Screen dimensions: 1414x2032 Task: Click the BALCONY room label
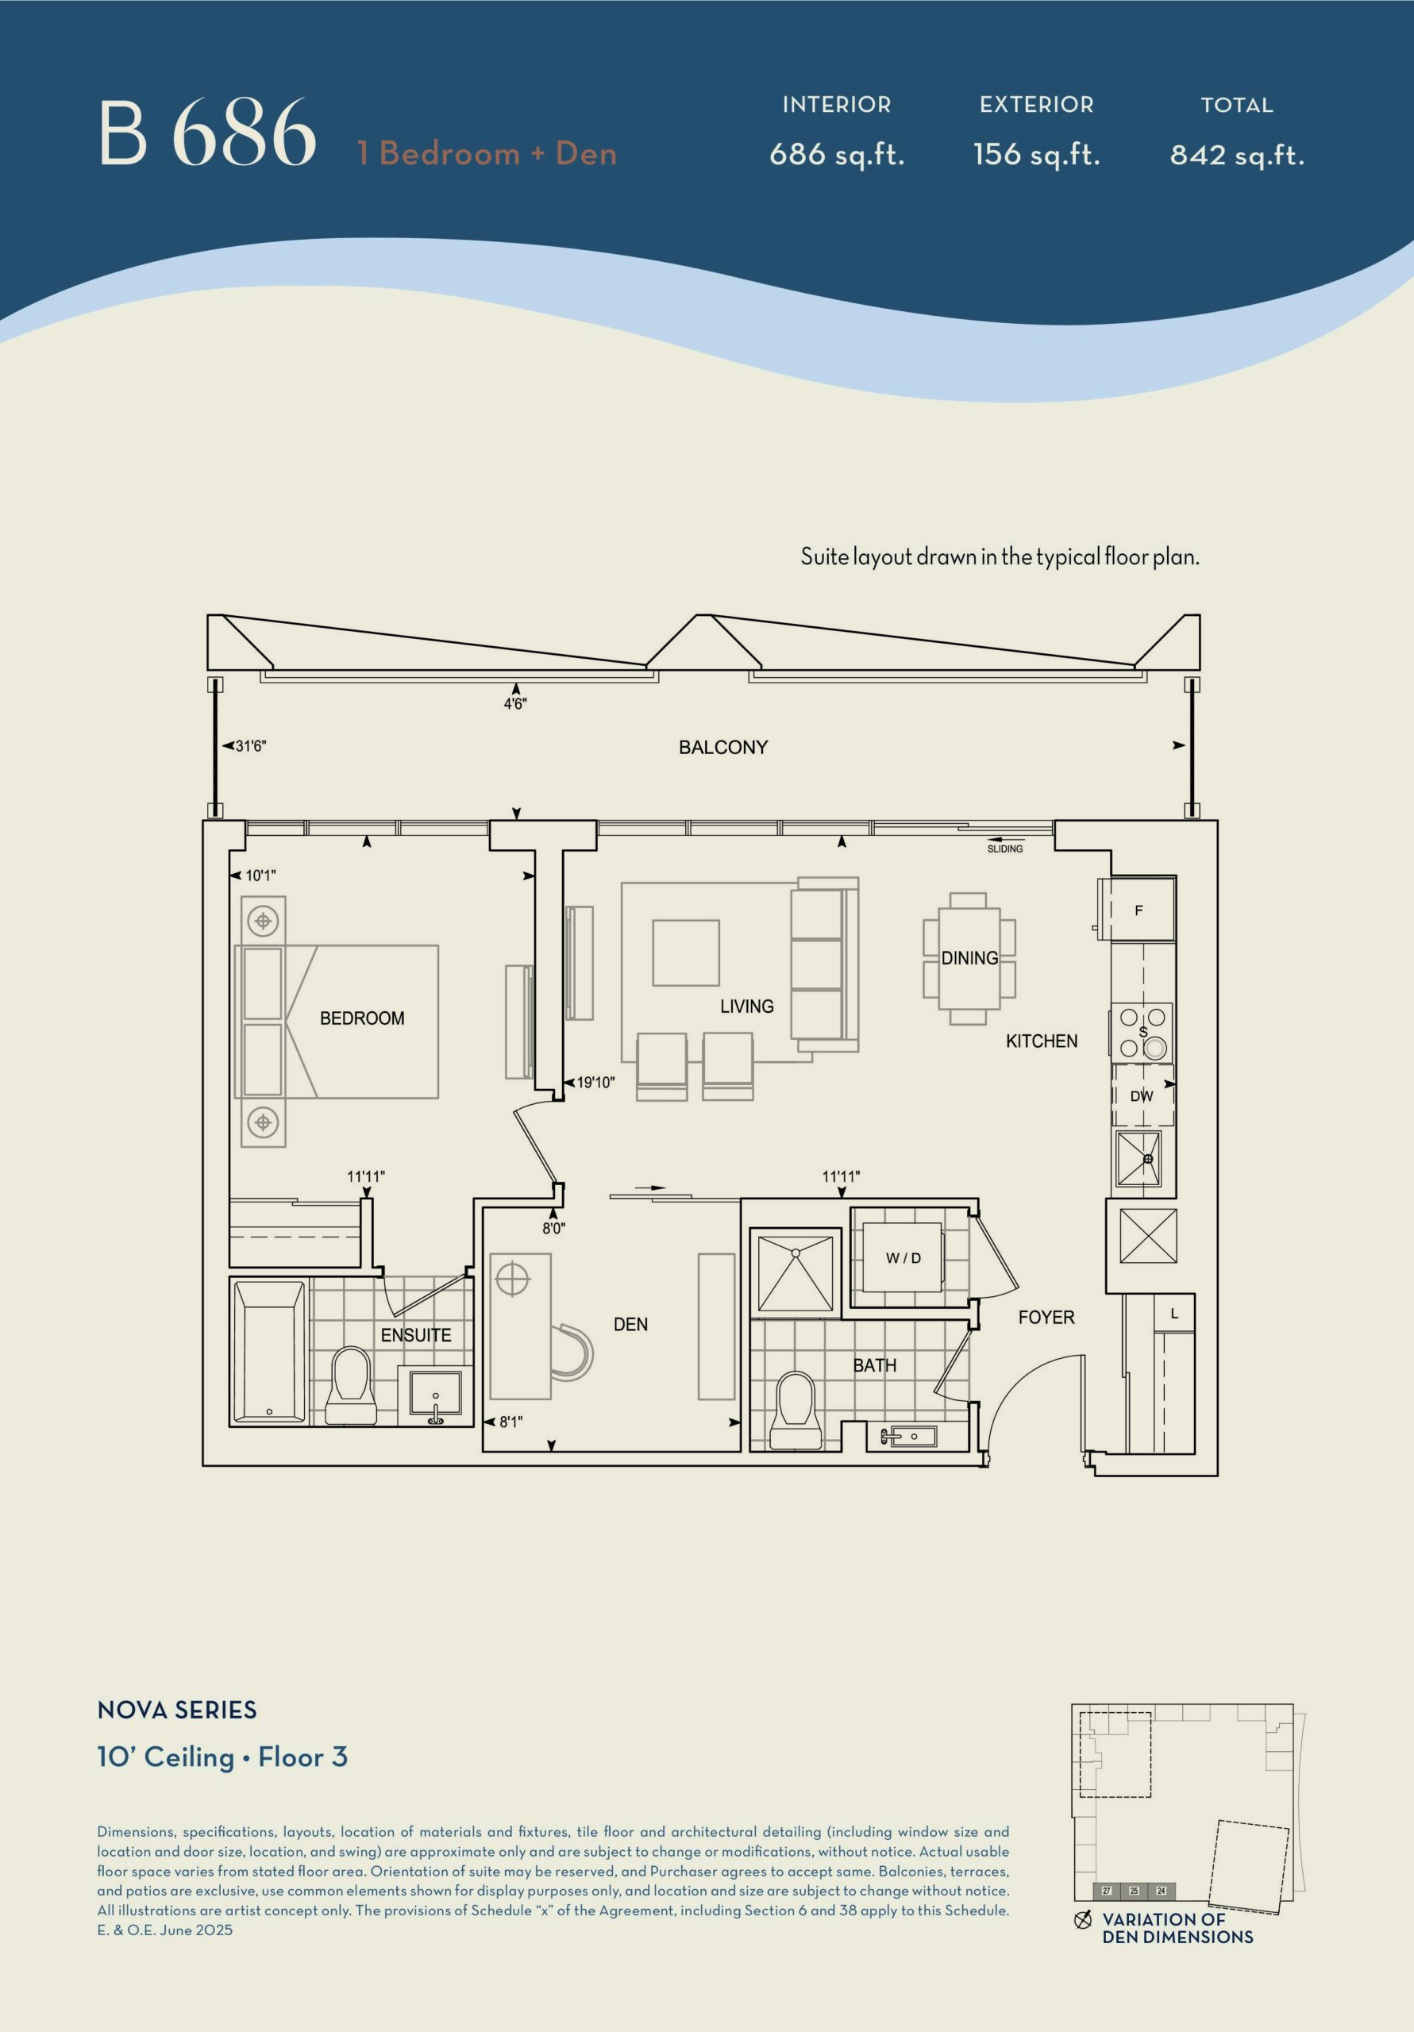click(x=722, y=747)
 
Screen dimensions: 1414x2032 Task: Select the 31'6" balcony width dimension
click(x=251, y=746)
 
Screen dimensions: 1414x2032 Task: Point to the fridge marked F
click(x=1139, y=909)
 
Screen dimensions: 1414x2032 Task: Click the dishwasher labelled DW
click(x=1142, y=1095)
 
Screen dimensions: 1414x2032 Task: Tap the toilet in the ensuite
click(x=351, y=1386)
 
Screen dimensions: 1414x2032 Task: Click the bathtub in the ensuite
click(x=270, y=1352)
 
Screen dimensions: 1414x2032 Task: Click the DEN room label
click(x=630, y=1325)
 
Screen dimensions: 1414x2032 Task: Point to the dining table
click(x=969, y=957)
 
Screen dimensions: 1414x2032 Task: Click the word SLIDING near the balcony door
click(x=1005, y=849)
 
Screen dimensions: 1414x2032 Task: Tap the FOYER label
click(x=1046, y=1318)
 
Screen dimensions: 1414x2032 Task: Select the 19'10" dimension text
click(x=595, y=1083)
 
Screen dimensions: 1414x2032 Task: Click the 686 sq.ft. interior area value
click(x=837, y=155)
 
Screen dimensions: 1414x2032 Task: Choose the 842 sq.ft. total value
click(x=1237, y=156)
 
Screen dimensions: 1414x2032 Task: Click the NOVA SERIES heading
click(x=177, y=1711)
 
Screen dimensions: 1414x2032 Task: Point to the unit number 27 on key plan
click(x=1107, y=1892)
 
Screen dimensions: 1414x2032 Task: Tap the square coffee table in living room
click(x=686, y=953)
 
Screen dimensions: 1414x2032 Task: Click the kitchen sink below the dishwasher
click(x=1139, y=1159)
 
